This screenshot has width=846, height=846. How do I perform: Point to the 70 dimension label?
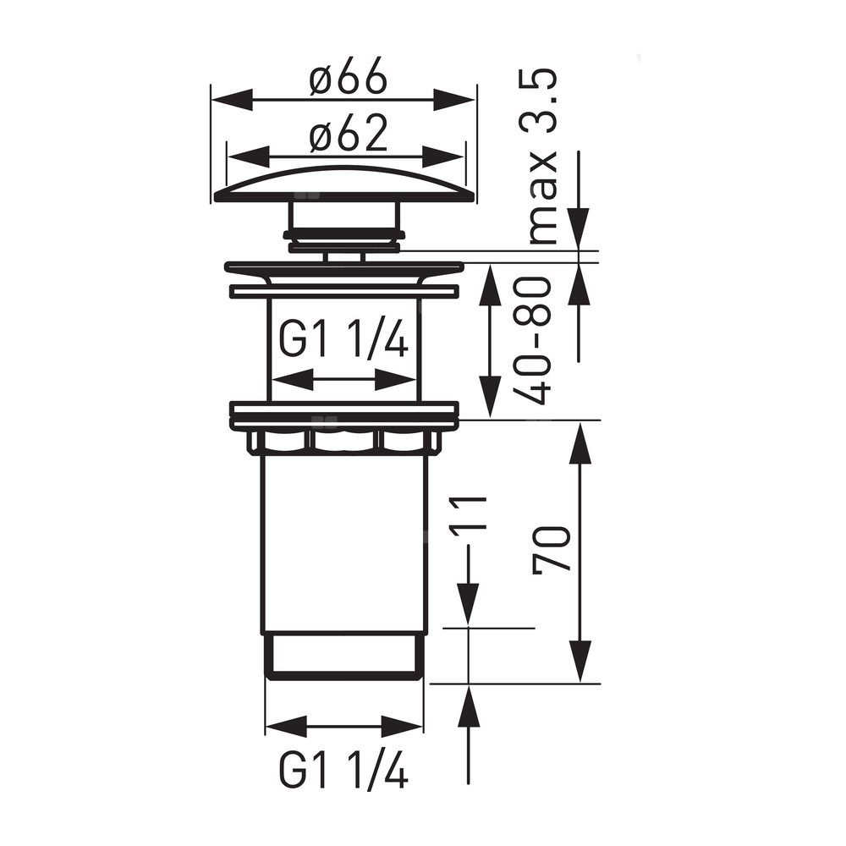coord(551,548)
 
